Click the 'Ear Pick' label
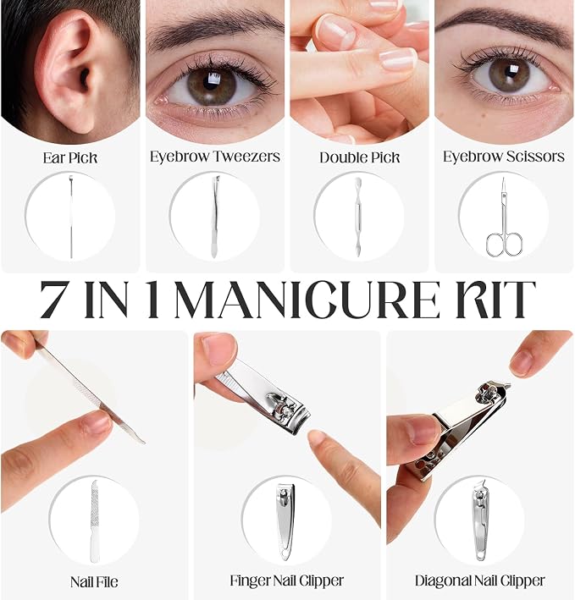pyautogui.click(x=70, y=158)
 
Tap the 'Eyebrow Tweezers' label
pyautogui.click(x=215, y=157)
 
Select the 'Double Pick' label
pyautogui.click(x=359, y=157)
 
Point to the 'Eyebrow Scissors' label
pyautogui.click(x=504, y=157)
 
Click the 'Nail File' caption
pyautogui.click(x=94, y=582)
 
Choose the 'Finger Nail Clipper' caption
pyautogui.click(x=287, y=581)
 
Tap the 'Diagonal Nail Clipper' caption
pyautogui.click(x=479, y=581)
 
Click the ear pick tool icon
pyautogui.click(x=71, y=216)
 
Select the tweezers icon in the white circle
pyautogui.click(x=214, y=216)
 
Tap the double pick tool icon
pyautogui.click(x=359, y=216)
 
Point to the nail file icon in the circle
pyautogui.click(x=95, y=521)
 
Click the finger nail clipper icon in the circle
pyautogui.click(x=285, y=522)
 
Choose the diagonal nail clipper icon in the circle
pyautogui.click(x=480, y=521)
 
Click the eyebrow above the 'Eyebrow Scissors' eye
pyautogui.click(x=502, y=22)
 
